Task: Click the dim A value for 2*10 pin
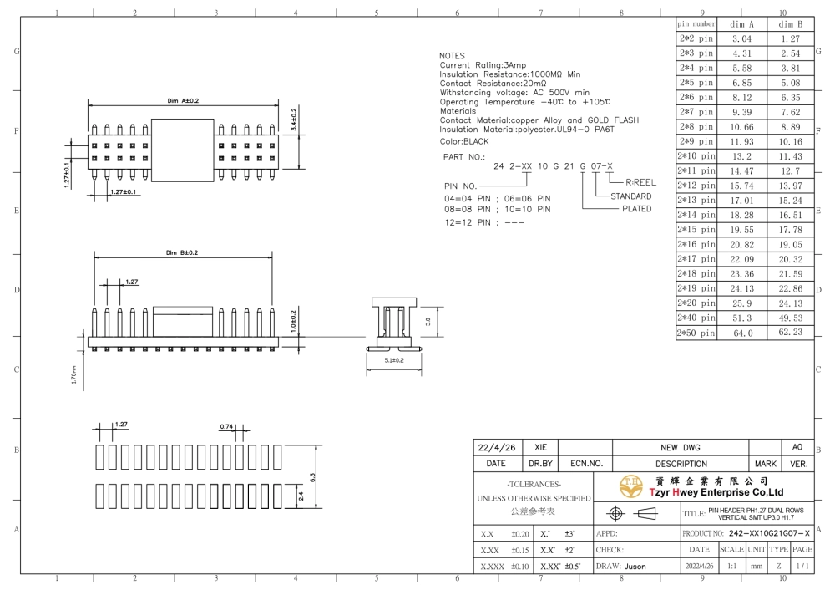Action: tap(741, 156)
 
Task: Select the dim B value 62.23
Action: tap(790, 332)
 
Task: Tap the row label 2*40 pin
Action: tap(696, 318)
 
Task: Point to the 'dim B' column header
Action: tap(790, 24)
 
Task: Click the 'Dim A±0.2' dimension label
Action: tap(183, 101)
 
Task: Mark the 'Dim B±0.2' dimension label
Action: tap(181, 252)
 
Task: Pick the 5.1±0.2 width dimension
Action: tap(394, 360)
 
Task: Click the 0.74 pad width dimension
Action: tap(226, 426)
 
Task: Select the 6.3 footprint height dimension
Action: tap(312, 477)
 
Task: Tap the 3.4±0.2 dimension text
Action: tap(294, 120)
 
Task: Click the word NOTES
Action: tap(452, 56)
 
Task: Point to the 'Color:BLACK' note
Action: tap(463, 141)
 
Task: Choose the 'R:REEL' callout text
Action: tap(640, 182)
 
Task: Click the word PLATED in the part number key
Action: tap(637, 209)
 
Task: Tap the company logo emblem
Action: tap(631, 486)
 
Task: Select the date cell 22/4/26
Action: tap(497, 448)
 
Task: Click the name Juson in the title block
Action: tap(635, 567)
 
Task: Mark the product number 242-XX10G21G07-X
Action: tap(769, 533)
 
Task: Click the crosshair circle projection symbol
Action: tap(615, 513)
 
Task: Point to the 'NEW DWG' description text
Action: tap(680, 448)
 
